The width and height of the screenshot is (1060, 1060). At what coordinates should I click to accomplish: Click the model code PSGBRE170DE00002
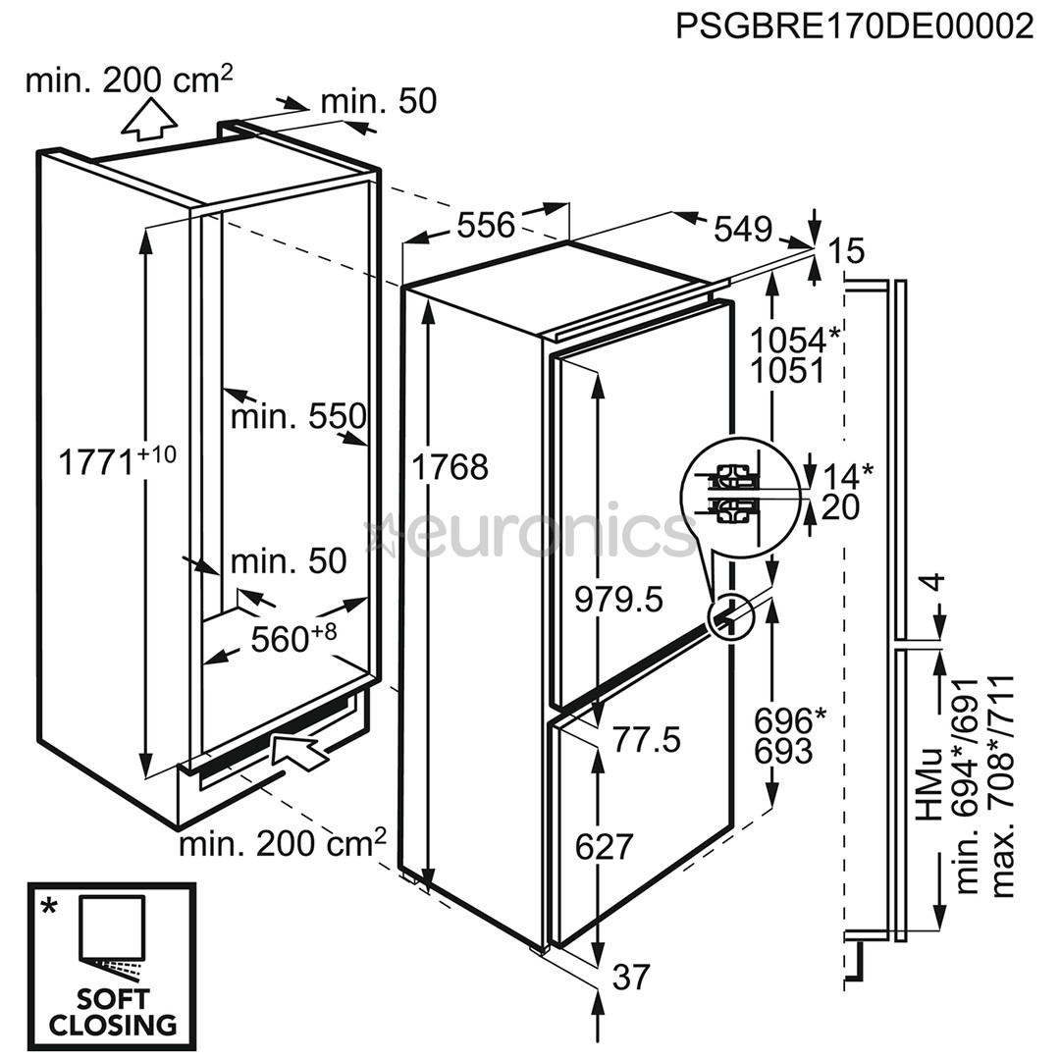pos(855,26)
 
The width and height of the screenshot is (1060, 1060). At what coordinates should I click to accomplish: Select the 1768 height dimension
pos(450,467)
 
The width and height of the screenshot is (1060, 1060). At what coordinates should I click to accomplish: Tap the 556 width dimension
pos(486,225)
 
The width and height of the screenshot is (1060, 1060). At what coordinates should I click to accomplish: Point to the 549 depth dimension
pos(743,229)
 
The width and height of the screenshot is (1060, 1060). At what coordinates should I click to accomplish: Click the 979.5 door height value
pos(618,599)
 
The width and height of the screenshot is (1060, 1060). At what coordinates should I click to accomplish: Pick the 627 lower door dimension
pos(605,846)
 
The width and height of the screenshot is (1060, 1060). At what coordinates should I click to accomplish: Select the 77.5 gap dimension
pos(646,740)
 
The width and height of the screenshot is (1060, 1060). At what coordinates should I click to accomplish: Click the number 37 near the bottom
pos(631,977)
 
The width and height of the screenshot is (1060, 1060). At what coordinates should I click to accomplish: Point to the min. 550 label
pos(298,416)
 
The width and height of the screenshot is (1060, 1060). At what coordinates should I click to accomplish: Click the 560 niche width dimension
pos(293,637)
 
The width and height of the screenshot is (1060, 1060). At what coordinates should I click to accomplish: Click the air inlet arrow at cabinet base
pos(299,750)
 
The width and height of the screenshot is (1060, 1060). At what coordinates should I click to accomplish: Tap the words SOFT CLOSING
pos(113,1011)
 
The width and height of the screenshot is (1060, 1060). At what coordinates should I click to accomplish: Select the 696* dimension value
pos(789,720)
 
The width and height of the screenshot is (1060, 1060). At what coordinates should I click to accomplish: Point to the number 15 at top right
pos(846,251)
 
